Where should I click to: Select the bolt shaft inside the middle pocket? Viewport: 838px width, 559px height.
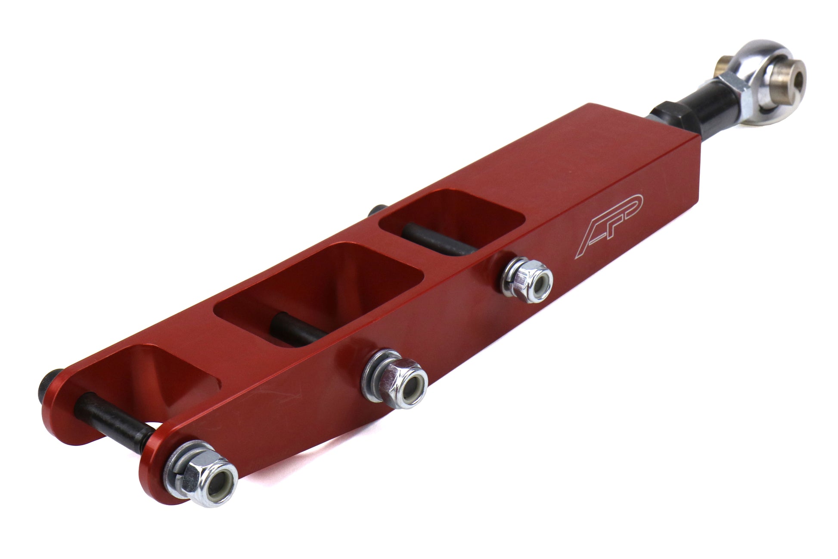click(293, 330)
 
